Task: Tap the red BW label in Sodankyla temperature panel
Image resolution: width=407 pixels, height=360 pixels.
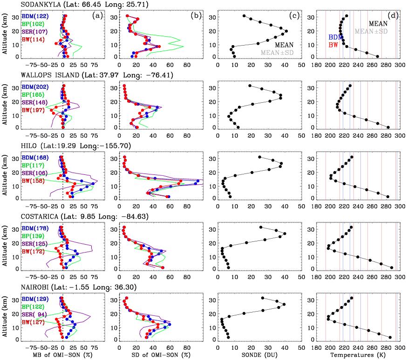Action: (333, 45)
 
